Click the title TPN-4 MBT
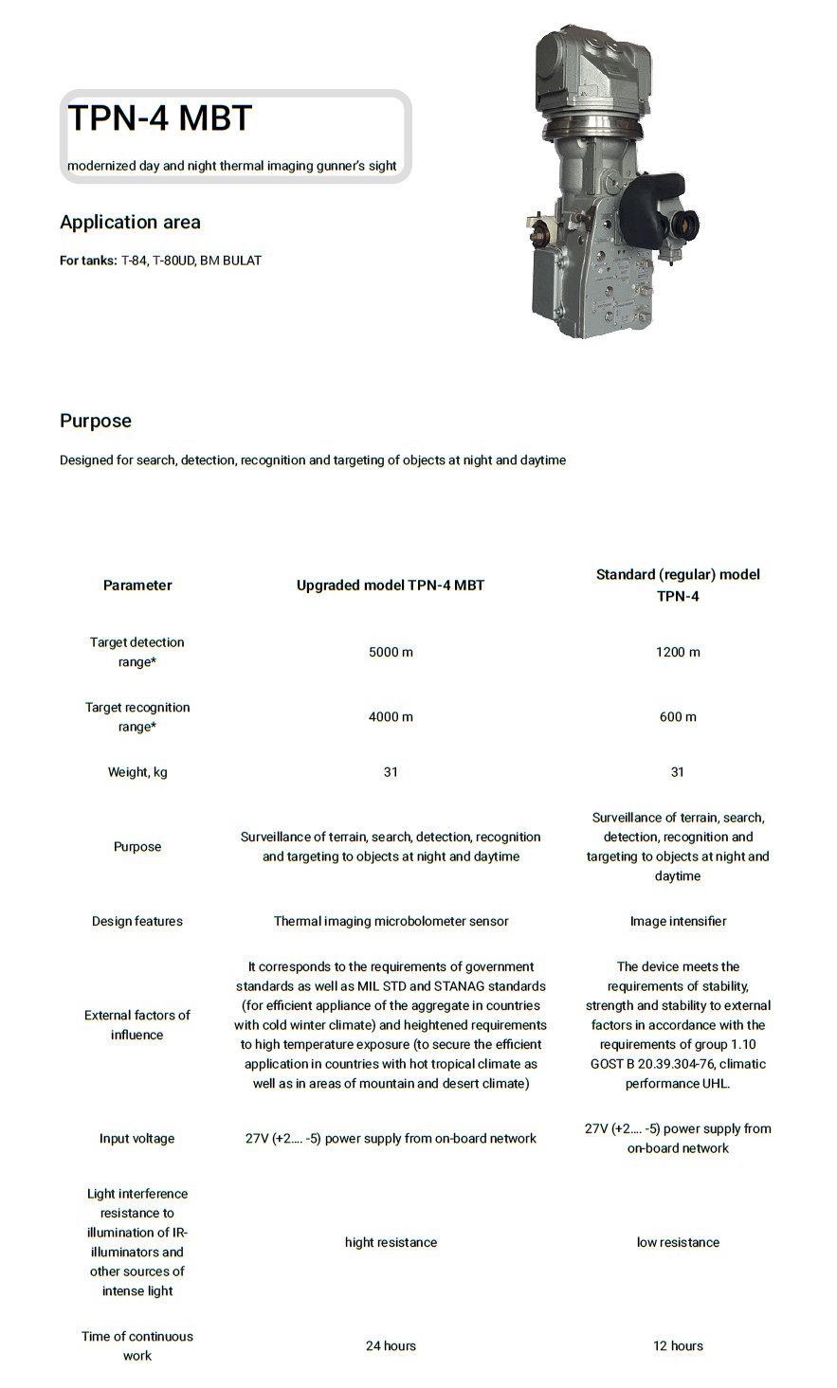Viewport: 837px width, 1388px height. (x=159, y=118)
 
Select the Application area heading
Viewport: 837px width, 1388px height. (x=130, y=222)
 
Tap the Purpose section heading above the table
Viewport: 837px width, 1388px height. (x=95, y=421)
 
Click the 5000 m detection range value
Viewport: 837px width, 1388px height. (x=391, y=652)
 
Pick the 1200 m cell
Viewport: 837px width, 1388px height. (x=677, y=652)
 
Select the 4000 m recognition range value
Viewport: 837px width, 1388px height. (x=391, y=716)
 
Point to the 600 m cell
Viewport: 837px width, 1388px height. (x=677, y=716)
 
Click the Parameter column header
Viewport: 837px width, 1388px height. (x=137, y=585)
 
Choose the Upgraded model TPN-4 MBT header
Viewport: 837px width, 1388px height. (x=391, y=585)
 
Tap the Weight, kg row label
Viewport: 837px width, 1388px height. (x=137, y=772)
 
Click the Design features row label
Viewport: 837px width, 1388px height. (x=137, y=921)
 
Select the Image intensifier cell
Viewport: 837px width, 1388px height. (x=677, y=921)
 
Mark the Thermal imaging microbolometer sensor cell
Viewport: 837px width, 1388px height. (x=391, y=921)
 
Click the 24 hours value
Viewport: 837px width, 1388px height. (x=391, y=1345)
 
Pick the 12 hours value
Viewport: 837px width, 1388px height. (x=677, y=1345)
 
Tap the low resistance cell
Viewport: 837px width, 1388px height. (x=677, y=1242)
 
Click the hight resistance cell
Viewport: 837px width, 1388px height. (x=391, y=1242)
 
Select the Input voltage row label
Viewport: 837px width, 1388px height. (x=137, y=1138)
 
